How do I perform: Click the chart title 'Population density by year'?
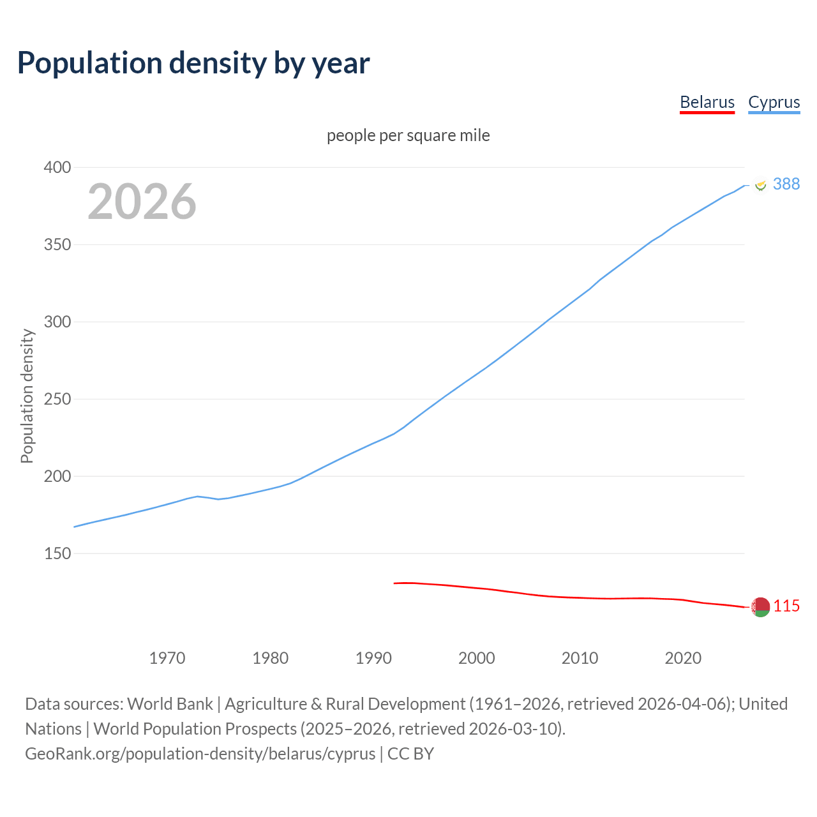(x=193, y=63)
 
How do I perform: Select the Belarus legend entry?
(x=707, y=102)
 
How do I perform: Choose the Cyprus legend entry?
(x=774, y=102)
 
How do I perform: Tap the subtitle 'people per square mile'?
(x=408, y=136)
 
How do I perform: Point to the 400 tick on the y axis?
(x=57, y=168)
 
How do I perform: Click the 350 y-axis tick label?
(x=57, y=245)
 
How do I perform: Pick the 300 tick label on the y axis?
(x=57, y=322)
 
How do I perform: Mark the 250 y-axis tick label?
(x=57, y=400)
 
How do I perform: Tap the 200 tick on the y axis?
(x=57, y=477)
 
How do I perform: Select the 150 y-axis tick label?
(x=57, y=554)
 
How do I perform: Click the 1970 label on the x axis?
(x=167, y=658)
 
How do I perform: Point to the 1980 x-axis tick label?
(x=271, y=658)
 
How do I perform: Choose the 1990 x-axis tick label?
(x=373, y=658)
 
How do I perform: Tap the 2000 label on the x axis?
(x=477, y=658)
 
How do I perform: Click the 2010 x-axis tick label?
(x=580, y=658)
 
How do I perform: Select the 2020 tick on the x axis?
(x=683, y=658)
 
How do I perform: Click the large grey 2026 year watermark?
(x=142, y=202)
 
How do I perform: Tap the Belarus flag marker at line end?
(x=760, y=607)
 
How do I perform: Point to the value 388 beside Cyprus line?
(x=786, y=184)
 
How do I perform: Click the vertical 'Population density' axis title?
(x=27, y=396)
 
